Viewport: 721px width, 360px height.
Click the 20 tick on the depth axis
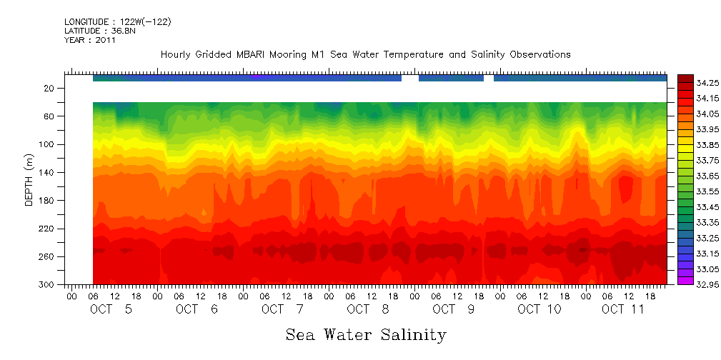point(50,89)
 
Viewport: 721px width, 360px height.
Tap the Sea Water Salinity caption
point(366,334)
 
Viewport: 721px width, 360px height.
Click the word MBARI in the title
point(262,54)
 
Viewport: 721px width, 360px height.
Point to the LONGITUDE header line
point(117,22)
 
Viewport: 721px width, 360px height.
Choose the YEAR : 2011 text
point(90,40)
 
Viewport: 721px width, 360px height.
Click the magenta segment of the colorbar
point(685,281)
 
